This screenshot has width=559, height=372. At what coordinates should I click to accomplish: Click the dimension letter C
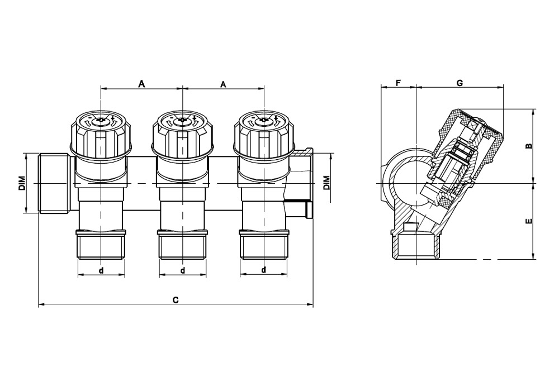(176, 299)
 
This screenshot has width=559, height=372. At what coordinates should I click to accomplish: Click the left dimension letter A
(141, 84)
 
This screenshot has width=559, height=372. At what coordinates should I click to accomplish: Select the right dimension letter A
(223, 84)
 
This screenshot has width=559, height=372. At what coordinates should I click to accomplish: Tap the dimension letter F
(399, 83)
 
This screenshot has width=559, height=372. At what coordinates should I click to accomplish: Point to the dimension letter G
(460, 83)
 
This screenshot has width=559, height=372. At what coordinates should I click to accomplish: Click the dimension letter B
(529, 146)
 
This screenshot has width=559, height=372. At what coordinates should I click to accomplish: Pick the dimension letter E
(529, 221)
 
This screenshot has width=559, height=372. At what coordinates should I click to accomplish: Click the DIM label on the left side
(22, 183)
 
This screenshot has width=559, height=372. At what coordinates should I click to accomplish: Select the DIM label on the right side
(326, 183)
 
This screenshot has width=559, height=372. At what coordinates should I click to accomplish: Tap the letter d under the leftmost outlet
(101, 270)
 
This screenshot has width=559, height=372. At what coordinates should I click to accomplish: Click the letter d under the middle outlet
(183, 270)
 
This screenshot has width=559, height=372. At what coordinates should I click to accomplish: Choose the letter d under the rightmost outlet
(264, 270)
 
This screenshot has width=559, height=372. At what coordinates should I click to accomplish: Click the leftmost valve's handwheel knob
(101, 133)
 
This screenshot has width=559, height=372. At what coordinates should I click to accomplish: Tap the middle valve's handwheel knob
(183, 133)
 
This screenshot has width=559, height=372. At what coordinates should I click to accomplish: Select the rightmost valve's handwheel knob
(264, 133)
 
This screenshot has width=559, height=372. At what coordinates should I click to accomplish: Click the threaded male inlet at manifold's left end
(54, 184)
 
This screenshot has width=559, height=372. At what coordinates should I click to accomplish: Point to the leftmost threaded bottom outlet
(101, 245)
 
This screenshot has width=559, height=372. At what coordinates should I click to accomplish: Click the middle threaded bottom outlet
(183, 245)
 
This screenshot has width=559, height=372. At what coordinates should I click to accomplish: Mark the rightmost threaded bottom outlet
(264, 245)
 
